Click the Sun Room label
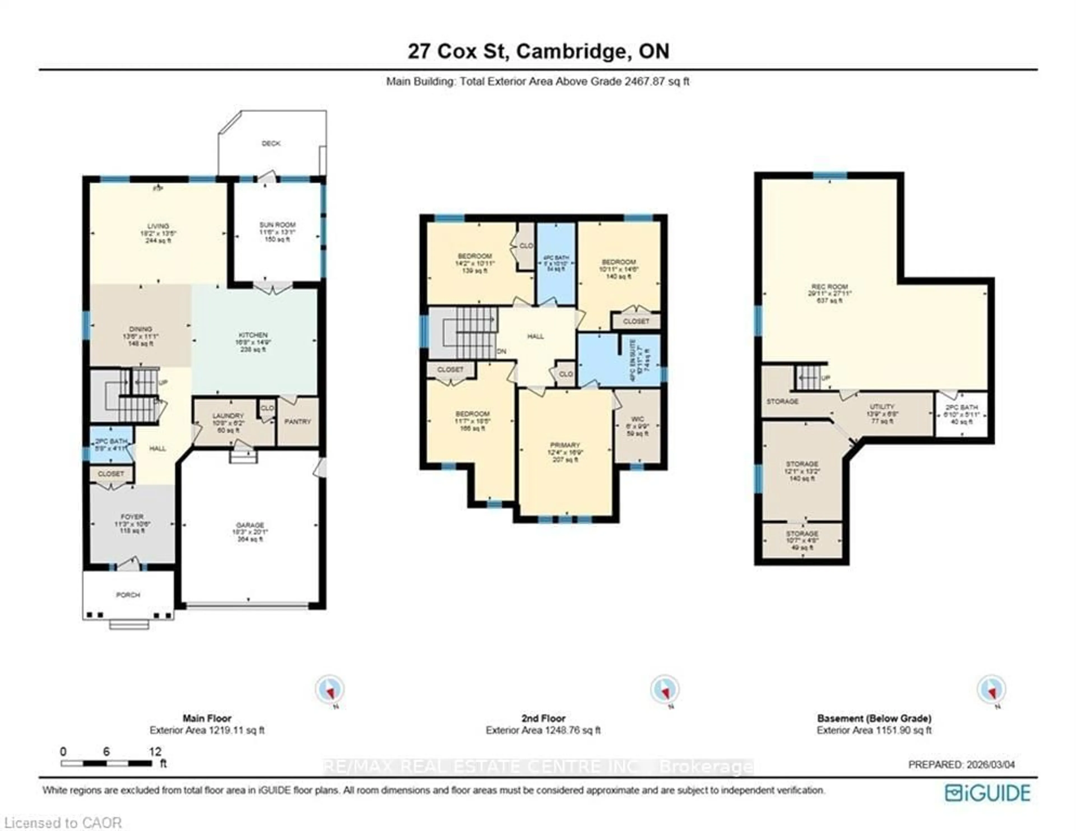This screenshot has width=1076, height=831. [277, 225]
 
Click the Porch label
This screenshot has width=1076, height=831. [128, 595]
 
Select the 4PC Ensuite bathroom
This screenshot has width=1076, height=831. [633, 355]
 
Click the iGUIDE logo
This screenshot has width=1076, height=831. [987, 793]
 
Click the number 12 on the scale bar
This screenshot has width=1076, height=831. [155, 752]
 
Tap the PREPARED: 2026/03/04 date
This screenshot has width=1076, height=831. [961, 765]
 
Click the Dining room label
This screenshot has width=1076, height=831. [140, 329]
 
